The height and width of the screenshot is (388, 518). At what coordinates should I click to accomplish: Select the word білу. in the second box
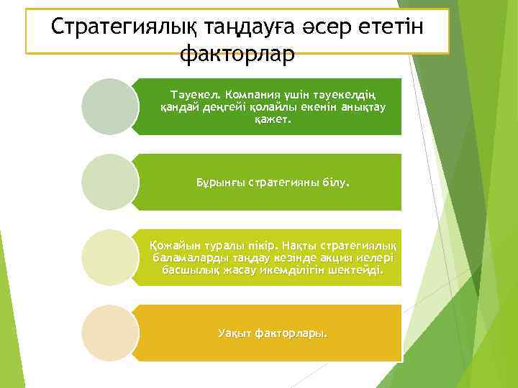335,183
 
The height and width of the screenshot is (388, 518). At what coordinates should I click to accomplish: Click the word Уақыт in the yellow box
234,333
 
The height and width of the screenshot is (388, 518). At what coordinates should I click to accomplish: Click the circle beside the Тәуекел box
109,106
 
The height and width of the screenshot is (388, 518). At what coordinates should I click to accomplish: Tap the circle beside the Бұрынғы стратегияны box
109,182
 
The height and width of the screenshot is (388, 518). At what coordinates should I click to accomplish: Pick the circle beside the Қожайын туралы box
109,257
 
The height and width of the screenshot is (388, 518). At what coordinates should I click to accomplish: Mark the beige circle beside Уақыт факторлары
109,333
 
